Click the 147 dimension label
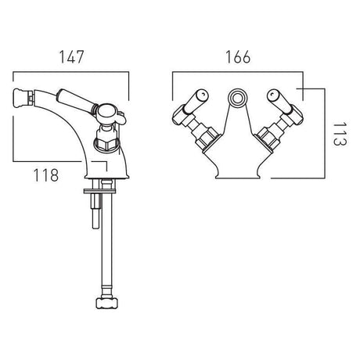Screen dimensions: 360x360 pyautogui.click(x=71, y=57)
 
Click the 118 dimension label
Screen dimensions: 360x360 pyautogui.click(x=46, y=175)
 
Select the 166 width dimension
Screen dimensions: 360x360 pyautogui.click(x=238, y=57)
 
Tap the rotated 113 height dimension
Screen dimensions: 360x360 pyautogui.click(x=340, y=134)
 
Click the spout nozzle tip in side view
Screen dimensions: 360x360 pyautogui.click(x=23, y=96)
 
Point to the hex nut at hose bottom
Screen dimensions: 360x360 pyautogui.click(x=107, y=303)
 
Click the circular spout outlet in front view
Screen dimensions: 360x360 pyautogui.click(x=237, y=99)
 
